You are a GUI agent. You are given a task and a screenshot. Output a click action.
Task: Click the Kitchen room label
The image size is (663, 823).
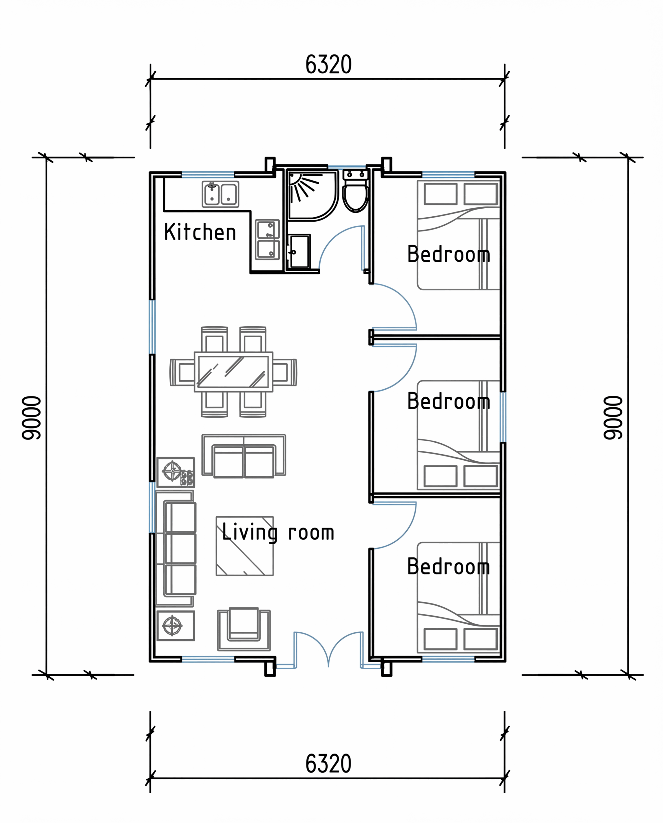200,232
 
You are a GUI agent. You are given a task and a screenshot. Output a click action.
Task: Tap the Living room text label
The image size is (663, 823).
278,532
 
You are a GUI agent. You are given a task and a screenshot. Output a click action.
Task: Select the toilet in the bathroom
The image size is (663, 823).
355,191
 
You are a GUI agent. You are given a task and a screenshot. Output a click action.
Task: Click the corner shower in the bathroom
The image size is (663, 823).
313,195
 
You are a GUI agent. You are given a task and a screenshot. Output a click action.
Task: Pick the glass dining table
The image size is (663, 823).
233,372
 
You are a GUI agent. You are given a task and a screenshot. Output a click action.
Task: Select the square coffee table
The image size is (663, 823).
245,547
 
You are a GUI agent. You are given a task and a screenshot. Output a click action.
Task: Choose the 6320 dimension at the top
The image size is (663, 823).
328,65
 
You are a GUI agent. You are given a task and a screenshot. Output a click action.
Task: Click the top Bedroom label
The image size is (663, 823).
449,254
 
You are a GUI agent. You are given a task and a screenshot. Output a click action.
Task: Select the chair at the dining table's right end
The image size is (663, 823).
285,372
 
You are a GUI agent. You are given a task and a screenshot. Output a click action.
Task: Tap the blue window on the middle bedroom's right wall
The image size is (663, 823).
504,417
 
